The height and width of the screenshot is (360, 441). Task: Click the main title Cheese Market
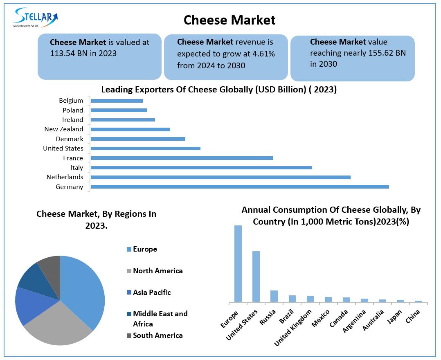tap(229, 20)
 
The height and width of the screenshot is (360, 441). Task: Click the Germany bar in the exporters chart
tap(239, 187)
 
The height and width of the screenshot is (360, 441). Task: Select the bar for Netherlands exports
tap(220, 177)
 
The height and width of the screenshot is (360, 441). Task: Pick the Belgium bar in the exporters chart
tap(117, 101)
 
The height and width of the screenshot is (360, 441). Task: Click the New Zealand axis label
tap(63, 129)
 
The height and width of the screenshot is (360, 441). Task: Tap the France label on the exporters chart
tap(73, 158)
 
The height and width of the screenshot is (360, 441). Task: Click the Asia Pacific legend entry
tap(152, 292)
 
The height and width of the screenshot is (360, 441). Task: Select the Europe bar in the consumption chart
tap(238, 264)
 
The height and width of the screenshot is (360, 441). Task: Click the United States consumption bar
tap(256, 277)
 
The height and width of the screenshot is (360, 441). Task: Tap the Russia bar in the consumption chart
tap(274, 296)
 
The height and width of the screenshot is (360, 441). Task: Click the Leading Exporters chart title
tap(219, 90)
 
